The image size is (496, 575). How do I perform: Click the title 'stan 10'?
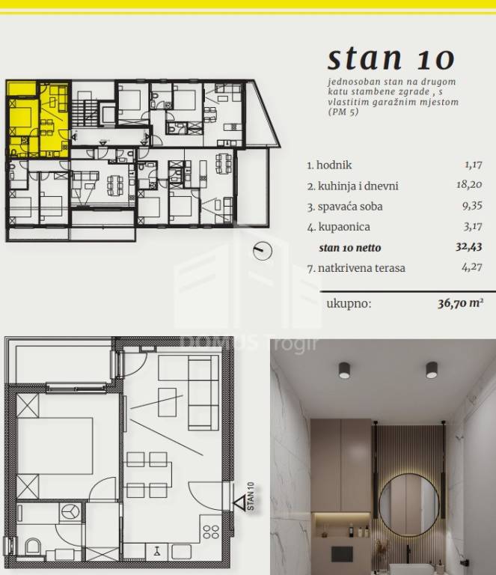(x=391, y=58)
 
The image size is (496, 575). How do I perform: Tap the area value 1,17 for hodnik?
(x=474, y=165)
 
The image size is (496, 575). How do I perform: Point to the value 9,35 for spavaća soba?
(x=472, y=206)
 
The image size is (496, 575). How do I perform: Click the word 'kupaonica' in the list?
(x=344, y=227)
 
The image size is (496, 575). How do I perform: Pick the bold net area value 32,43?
(x=468, y=247)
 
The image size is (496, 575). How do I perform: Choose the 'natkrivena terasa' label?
(x=361, y=268)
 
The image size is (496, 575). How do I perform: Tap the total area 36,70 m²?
(x=461, y=303)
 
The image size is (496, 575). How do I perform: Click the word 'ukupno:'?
(x=349, y=304)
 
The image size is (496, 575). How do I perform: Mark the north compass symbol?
(x=263, y=251)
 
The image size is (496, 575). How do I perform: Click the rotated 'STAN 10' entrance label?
(x=251, y=496)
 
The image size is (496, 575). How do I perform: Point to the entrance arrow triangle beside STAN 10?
(x=240, y=503)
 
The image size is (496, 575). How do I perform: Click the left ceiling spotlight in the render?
(x=344, y=370)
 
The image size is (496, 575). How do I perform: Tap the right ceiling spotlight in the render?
(x=432, y=370)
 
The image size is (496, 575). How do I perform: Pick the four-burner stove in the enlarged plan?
(x=211, y=532)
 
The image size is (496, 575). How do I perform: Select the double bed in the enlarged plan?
(x=55, y=445)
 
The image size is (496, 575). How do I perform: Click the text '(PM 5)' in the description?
(x=343, y=112)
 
